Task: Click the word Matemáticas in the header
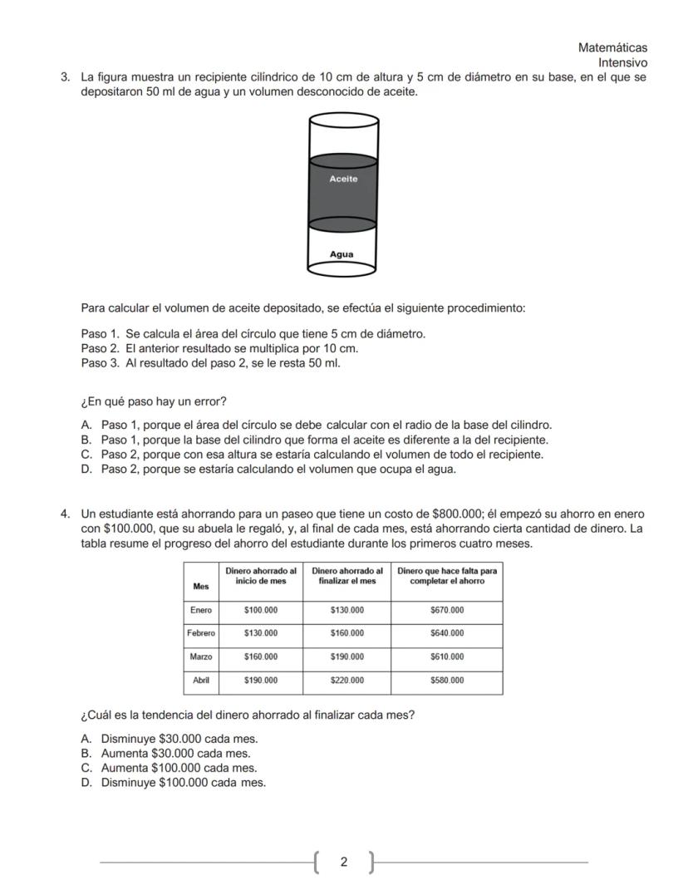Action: (612, 48)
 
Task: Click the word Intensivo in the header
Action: (622, 62)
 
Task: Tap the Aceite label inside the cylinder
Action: (343, 179)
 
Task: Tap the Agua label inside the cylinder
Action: (342, 254)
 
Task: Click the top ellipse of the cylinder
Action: (343, 121)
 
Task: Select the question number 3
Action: (64, 77)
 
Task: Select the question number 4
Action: (64, 514)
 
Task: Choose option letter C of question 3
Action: (86, 455)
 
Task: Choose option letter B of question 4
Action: (86, 753)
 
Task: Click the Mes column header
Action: (200, 586)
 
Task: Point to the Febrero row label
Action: (200, 633)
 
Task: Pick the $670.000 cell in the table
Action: (447, 610)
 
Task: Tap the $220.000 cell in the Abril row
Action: (346, 680)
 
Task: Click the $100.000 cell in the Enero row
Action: (261, 610)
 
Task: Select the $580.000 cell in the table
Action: (447, 680)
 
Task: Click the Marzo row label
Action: (200, 656)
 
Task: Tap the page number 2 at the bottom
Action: (343, 862)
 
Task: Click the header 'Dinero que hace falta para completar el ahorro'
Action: (447, 575)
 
